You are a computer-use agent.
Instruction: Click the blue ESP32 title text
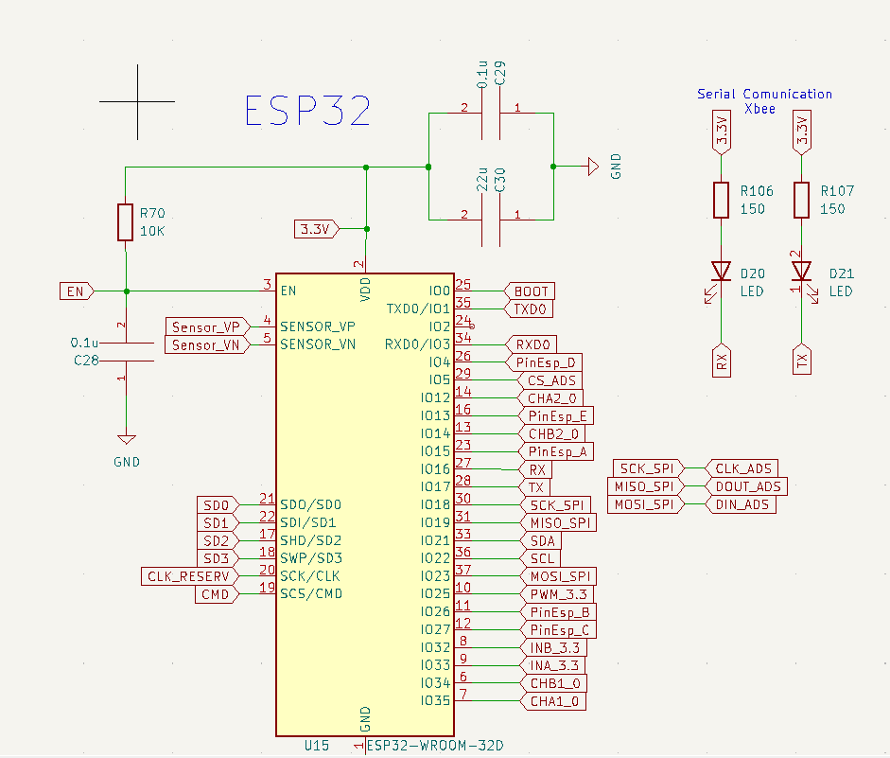(307, 111)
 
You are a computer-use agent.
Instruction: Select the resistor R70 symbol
(125, 221)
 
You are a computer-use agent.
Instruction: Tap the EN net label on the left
(76, 291)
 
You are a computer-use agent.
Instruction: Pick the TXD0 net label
(531, 308)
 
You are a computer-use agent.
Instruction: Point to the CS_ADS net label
(550, 380)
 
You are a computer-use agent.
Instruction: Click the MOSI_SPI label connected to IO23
(558, 576)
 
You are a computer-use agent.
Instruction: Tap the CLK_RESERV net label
(188, 576)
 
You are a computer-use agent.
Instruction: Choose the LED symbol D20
(722, 273)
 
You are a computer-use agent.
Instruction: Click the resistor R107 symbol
(802, 199)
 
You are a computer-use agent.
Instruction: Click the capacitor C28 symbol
(125, 351)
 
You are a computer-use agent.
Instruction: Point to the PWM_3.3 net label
(557, 594)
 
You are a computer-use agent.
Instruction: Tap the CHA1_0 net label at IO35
(553, 701)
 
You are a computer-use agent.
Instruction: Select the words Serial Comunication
(764, 94)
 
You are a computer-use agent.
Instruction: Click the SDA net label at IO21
(542, 540)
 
